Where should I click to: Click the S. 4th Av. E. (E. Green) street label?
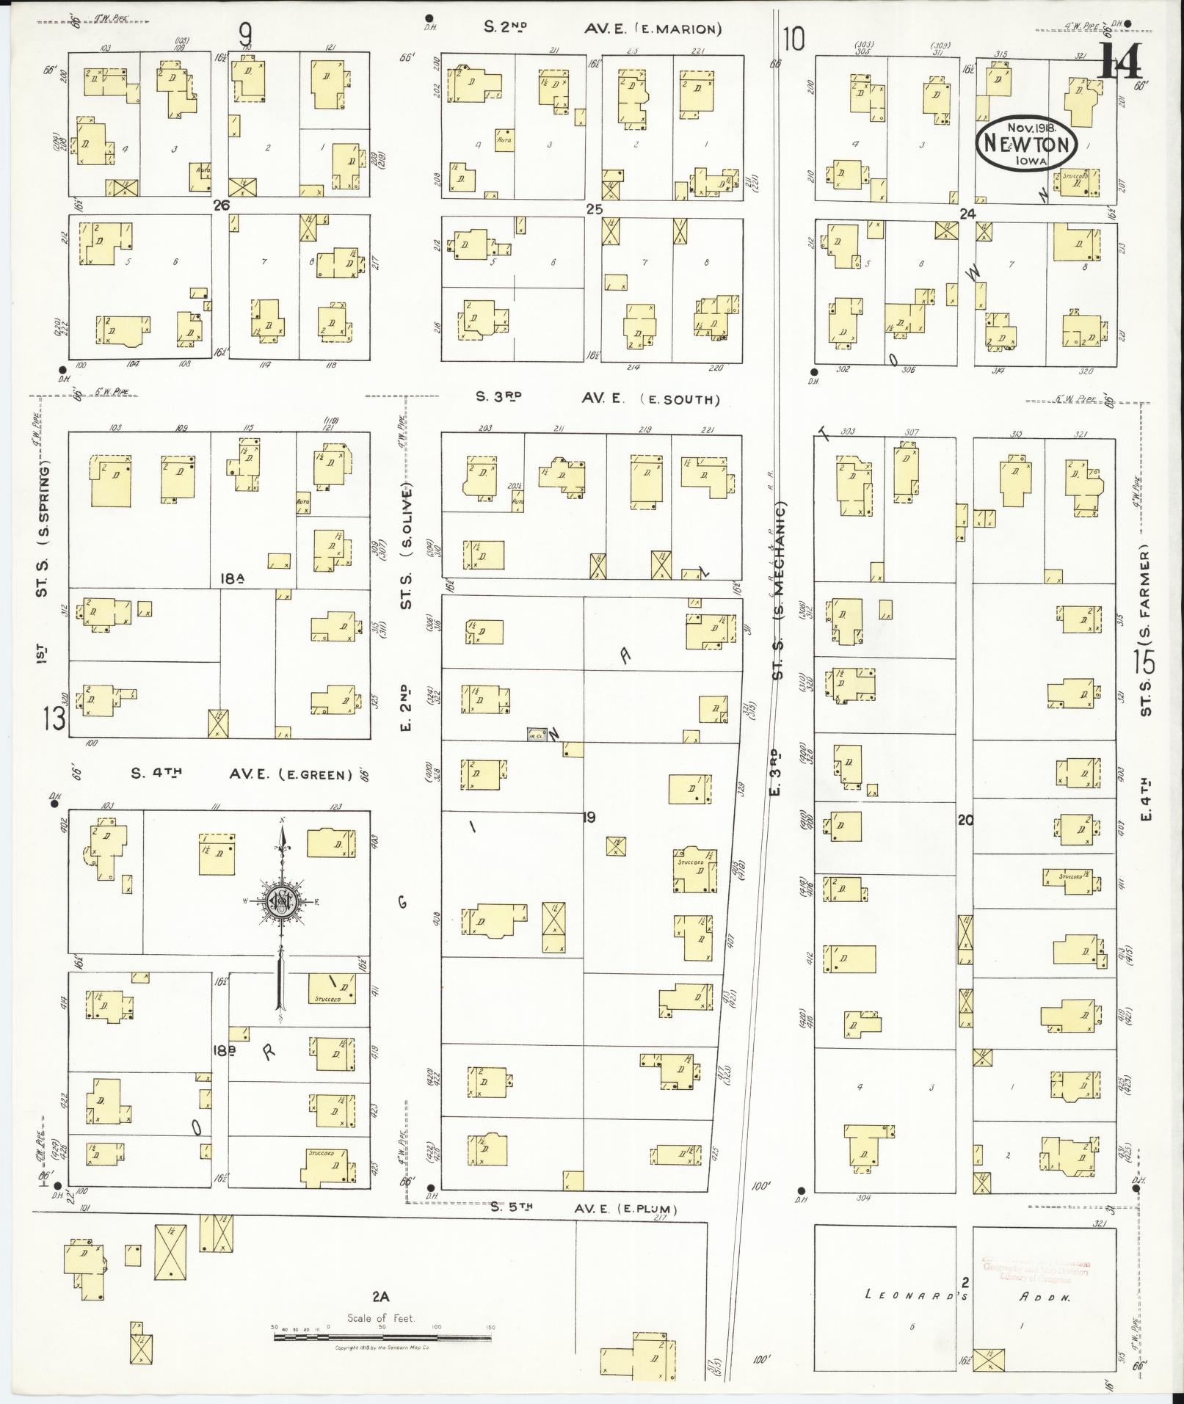241,774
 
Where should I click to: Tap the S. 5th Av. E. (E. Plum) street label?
584,1208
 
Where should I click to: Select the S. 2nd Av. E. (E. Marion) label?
602,29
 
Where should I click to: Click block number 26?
221,205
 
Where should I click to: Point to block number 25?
594,209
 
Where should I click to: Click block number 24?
967,214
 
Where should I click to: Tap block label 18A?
232,579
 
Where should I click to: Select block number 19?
588,817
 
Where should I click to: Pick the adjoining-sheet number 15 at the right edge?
1144,661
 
